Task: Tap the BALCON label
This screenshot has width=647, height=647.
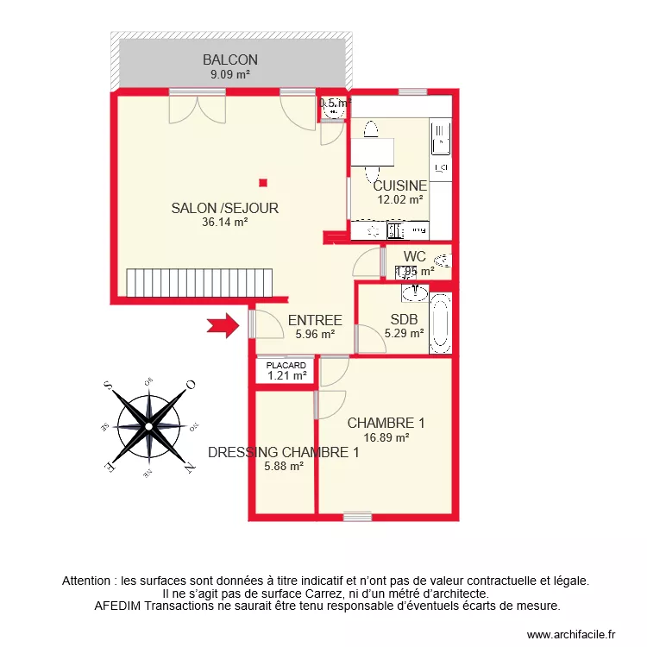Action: (x=230, y=60)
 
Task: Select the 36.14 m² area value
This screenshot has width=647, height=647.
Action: (x=225, y=222)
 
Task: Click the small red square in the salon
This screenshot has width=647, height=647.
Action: (x=263, y=182)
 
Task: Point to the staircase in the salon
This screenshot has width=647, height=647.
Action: (x=199, y=282)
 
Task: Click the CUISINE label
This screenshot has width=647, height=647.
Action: (x=399, y=185)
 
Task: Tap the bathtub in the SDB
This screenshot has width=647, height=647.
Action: (x=440, y=324)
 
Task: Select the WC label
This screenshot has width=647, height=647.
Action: (x=414, y=256)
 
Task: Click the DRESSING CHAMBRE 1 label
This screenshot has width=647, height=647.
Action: (x=283, y=452)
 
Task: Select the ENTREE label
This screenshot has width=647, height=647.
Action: (x=315, y=320)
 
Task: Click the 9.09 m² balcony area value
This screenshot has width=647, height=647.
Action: (x=230, y=74)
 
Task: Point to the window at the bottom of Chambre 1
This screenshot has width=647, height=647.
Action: (x=356, y=517)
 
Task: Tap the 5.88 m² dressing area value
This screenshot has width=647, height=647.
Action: (x=283, y=467)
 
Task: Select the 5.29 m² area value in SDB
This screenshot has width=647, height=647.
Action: (x=404, y=333)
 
